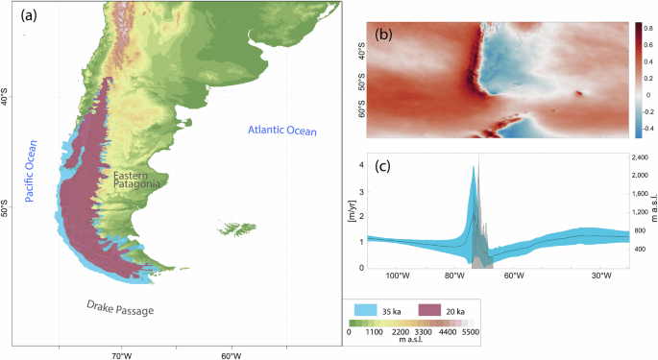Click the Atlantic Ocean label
click(282, 131)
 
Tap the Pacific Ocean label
click(31, 171)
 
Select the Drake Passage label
click(120, 308)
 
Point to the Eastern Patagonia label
click(136, 180)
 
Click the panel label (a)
click(29, 15)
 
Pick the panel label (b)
click(383, 34)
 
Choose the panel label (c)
click(382, 166)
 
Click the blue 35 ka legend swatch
click(366, 310)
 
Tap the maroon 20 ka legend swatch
click(429, 310)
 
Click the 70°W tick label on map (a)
click(121, 356)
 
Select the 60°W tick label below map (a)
click(232, 356)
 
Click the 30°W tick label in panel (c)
click(601, 276)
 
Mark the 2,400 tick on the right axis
click(640, 157)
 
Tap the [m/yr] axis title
click(353, 211)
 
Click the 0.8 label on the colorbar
click(648, 29)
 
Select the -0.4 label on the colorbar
click(648, 129)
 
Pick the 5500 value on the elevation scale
click(471, 332)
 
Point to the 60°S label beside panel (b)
click(361, 108)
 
